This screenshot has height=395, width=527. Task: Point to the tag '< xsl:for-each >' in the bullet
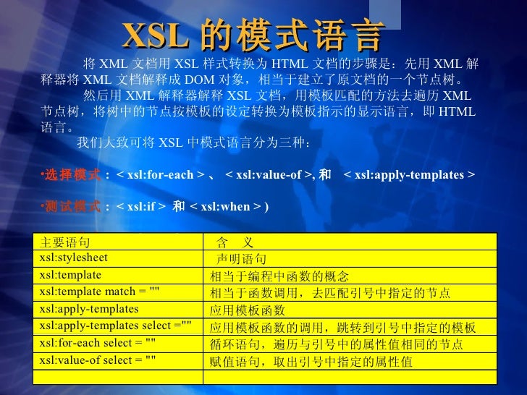[x=155, y=175]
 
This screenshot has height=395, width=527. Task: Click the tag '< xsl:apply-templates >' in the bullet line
[x=410, y=175]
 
